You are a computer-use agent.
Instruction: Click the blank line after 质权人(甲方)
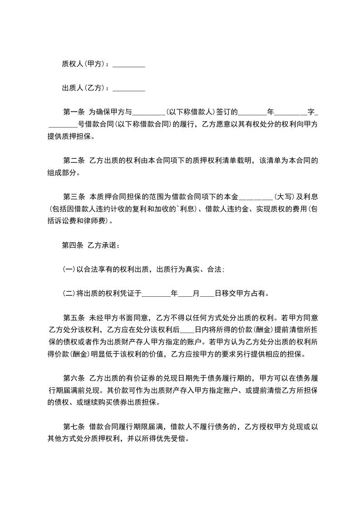click(128, 64)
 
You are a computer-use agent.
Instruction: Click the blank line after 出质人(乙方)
click(128, 88)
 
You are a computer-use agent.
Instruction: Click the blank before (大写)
click(256, 197)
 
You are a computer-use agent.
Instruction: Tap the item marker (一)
click(69, 269)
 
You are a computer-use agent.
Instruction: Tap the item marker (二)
click(69, 294)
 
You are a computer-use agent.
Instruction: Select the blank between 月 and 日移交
click(207, 294)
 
